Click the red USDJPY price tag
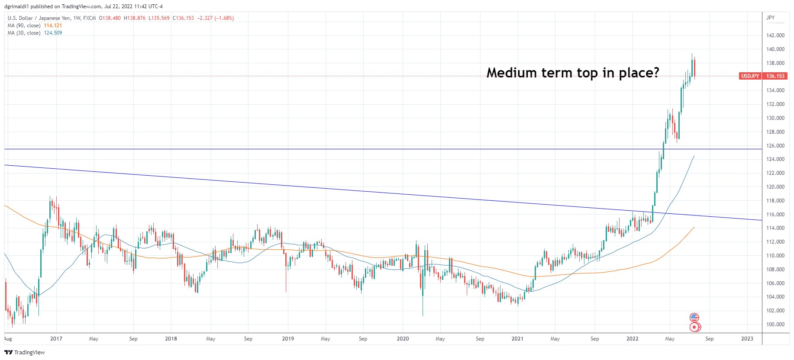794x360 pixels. click(750, 76)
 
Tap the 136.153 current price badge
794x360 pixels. click(775, 76)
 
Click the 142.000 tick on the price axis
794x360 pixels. click(775, 35)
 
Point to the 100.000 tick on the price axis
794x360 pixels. click(775, 325)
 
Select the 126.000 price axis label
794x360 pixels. click(775, 146)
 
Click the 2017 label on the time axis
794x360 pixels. click(56, 339)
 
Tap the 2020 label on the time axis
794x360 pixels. click(403, 339)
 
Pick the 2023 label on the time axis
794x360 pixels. click(747, 339)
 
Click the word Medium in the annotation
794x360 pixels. click(512, 73)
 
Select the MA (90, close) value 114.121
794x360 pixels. click(53, 26)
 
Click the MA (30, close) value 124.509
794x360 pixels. click(53, 33)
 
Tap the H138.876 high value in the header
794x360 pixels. click(135, 18)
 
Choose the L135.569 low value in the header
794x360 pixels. click(159, 18)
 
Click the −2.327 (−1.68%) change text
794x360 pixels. click(216, 18)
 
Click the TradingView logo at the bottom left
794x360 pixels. click(25, 352)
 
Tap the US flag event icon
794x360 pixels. click(694, 318)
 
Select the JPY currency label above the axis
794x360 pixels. click(771, 18)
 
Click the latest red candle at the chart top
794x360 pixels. click(694, 68)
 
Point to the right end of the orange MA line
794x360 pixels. click(694, 228)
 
